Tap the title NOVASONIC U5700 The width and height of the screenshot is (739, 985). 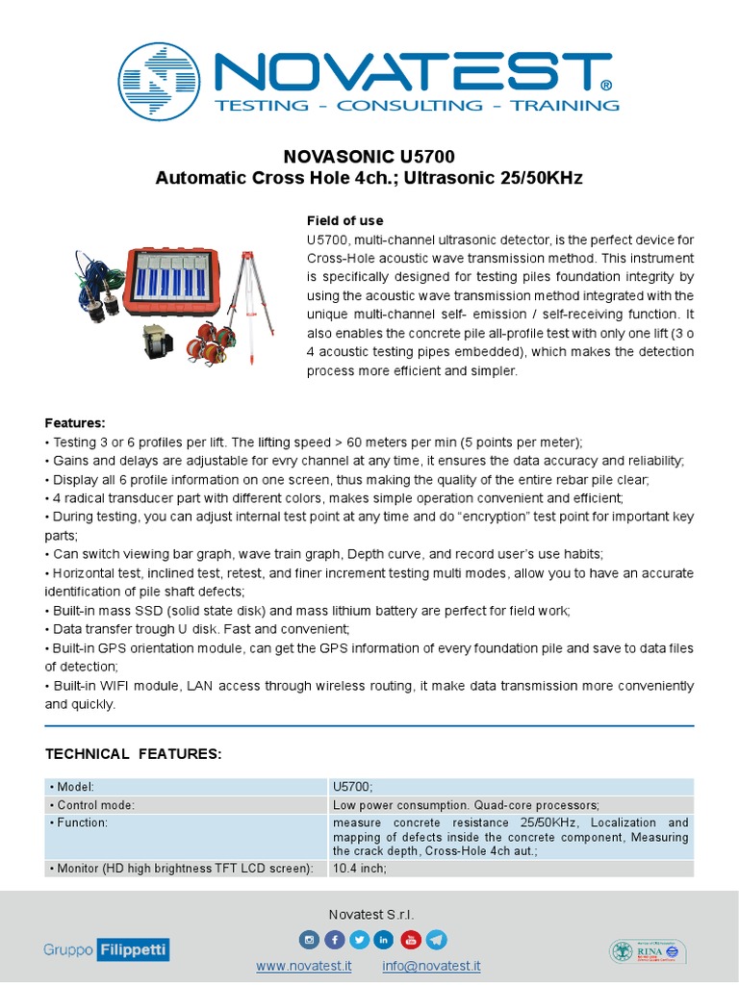[x=369, y=157]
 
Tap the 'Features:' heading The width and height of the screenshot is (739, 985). [x=75, y=423]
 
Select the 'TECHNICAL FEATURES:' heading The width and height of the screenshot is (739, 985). [x=134, y=754]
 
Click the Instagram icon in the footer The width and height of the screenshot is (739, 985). [x=310, y=940]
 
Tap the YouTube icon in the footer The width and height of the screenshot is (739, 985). [x=410, y=940]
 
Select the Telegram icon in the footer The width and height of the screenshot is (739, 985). [x=436, y=940]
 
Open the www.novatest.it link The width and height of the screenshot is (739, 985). [x=303, y=966]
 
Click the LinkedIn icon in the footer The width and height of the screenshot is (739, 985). [x=385, y=940]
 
